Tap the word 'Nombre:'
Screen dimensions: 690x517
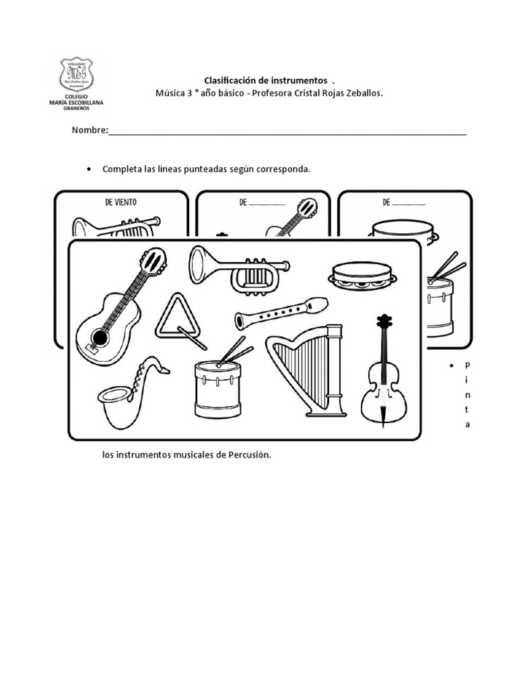coord(90,131)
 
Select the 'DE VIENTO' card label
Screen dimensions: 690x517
coord(121,202)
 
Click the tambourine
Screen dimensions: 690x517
coord(361,276)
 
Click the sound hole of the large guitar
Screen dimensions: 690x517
coord(100,337)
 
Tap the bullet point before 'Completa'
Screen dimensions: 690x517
coord(90,169)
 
